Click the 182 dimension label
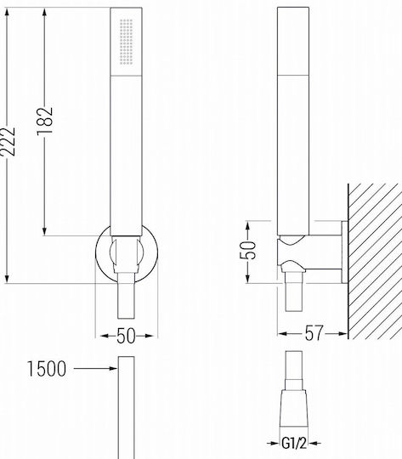[45, 122]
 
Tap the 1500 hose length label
[47, 369]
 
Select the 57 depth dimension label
[314, 333]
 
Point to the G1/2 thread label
[294, 443]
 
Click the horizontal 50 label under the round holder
[126, 336]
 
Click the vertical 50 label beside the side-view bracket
[247, 250]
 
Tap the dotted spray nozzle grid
[126, 42]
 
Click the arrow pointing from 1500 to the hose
[95, 369]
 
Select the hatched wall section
[375, 262]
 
